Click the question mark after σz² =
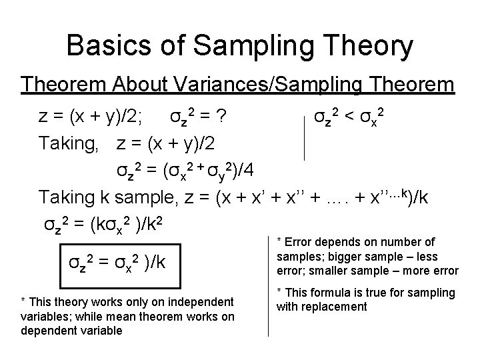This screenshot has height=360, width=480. coord(226,118)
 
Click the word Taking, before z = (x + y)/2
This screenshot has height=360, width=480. coord(72,144)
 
